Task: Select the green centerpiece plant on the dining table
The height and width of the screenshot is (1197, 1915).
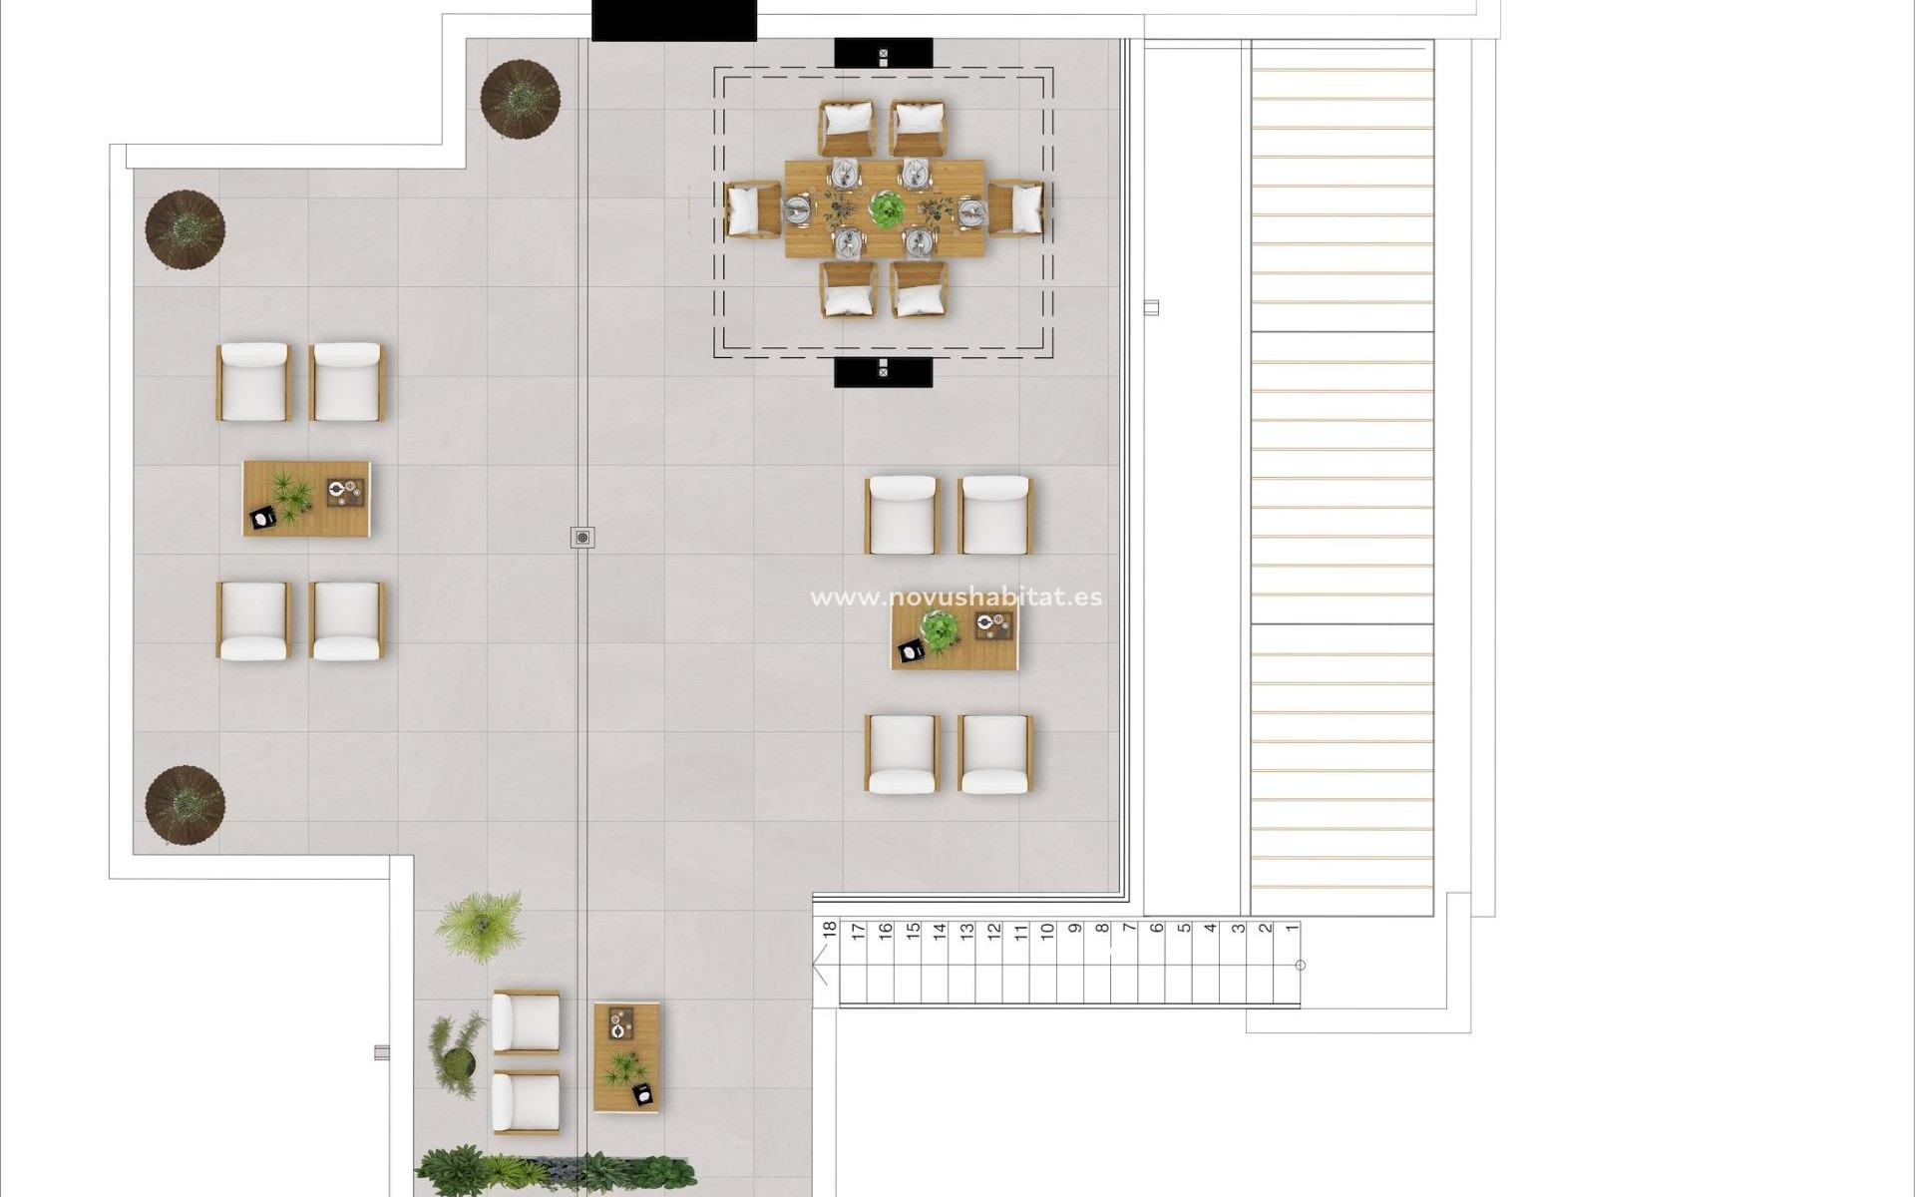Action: click(886, 208)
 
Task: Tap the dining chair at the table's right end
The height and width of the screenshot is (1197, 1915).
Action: click(1017, 208)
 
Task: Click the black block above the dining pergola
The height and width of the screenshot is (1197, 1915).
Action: click(883, 53)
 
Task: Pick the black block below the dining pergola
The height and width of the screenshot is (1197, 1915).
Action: click(883, 372)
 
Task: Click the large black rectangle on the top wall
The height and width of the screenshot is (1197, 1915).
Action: click(673, 20)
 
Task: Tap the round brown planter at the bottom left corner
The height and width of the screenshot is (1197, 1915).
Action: click(185, 805)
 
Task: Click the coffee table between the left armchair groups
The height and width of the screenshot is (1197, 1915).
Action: click(306, 499)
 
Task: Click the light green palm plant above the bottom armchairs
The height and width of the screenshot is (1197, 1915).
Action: click(480, 925)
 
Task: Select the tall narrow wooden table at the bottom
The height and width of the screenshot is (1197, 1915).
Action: click(626, 1057)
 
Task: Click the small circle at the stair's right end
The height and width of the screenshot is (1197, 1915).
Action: click(1300, 965)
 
